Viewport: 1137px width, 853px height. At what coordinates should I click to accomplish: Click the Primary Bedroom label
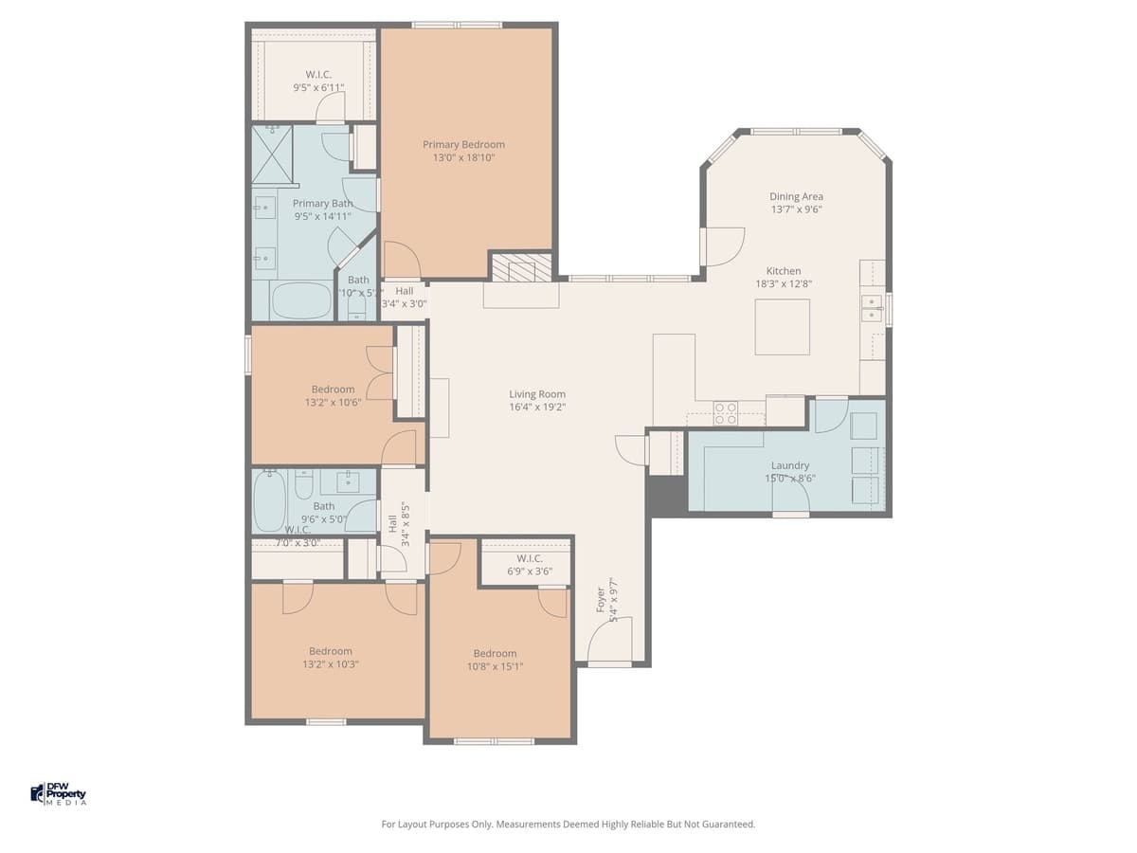(463, 145)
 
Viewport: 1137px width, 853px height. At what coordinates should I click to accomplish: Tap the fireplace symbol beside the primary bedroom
(519, 268)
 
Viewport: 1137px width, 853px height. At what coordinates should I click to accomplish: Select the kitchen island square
(783, 326)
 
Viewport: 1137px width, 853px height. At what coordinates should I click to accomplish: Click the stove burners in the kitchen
(726, 412)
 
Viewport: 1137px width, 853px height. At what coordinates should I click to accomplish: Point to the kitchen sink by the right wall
(872, 308)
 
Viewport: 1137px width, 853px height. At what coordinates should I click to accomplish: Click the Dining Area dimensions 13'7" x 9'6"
(796, 209)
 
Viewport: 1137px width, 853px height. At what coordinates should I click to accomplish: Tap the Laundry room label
(790, 465)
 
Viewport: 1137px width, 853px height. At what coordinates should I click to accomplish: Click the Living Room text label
(537, 394)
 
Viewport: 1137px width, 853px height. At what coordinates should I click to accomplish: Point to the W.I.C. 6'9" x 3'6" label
(530, 565)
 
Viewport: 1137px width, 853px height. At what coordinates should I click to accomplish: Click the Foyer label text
(601, 599)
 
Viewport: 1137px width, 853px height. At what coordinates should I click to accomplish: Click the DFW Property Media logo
(59, 793)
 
